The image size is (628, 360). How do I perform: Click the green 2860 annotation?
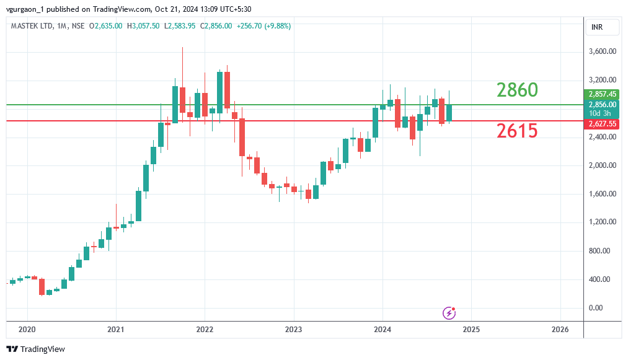tap(517, 90)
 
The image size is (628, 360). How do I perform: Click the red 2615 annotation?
tap(516, 131)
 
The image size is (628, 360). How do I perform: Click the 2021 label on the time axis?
tap(116, 329)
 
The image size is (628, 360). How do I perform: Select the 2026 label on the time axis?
tap(560, 329)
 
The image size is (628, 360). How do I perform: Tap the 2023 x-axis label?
tap(293, 329)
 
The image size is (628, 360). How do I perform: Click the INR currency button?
tap(597, 27)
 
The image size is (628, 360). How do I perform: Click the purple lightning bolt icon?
tap(449, 313)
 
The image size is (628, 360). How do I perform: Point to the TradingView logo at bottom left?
tap(36, 349)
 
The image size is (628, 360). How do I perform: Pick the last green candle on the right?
tap(449, 112)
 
